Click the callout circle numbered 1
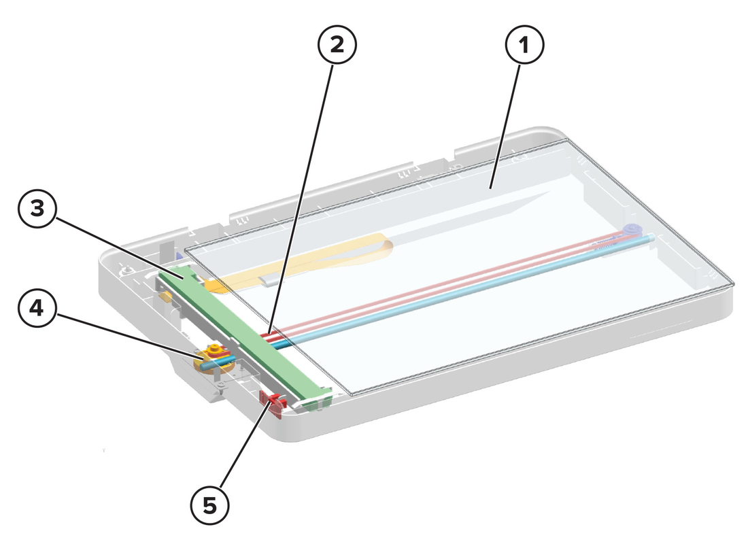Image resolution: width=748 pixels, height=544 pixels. pos(524,45)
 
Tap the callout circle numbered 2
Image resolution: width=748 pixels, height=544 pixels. pos(337,45)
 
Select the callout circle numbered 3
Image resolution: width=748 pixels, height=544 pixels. pos(37,209)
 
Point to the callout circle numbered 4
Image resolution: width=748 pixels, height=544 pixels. pos(37,308)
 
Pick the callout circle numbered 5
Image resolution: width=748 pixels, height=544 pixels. pos(210,505)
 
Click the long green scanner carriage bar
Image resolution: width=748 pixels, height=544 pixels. pos(244,333)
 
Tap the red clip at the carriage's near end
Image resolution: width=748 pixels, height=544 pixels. pos(273,403)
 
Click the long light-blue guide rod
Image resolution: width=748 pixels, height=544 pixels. pos(458,291)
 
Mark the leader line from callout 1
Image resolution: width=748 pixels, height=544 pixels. pos(506,126)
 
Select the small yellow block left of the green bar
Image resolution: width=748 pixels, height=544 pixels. pos(165,297)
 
